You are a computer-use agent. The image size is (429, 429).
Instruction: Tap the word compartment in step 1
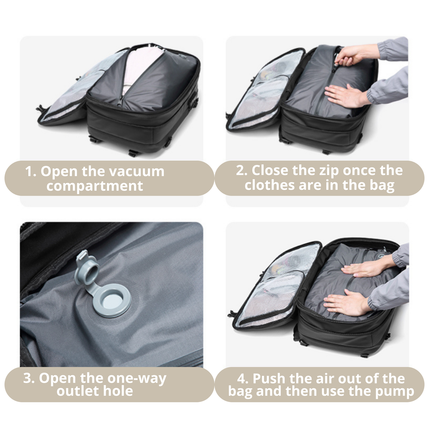(95, 186)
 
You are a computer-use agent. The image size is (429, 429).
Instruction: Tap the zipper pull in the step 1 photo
(120, 101)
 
